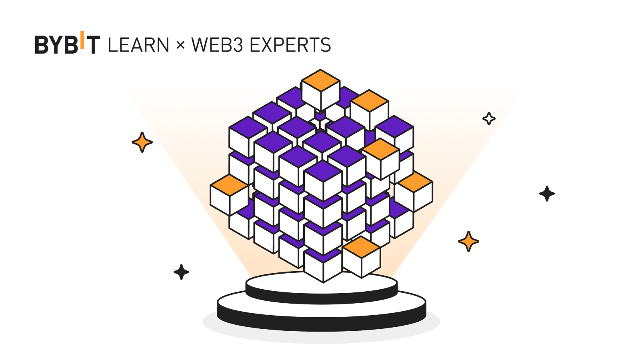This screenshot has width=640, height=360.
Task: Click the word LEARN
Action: coord(138,45)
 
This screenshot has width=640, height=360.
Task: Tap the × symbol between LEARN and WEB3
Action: coord(180,45)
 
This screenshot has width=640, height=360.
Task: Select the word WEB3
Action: coord(217,45)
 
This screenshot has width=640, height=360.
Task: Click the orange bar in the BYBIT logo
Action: coord(82,40)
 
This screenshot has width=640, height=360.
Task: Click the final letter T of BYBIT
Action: coord(93,45)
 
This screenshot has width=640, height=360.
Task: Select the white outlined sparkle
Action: coord(489,118)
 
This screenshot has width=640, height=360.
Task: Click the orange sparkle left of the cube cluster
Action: coord(142,142)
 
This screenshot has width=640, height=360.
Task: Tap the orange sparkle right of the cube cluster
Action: coord(468,241)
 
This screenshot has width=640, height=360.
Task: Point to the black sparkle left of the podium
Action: coord(181,272)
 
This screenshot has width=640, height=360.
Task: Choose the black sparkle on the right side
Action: coord(547,194)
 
